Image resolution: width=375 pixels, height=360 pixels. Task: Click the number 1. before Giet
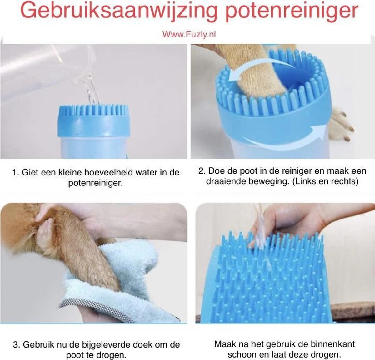16,172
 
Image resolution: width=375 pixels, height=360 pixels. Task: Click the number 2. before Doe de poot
202,171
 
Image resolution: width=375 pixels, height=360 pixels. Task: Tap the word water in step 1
146,172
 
